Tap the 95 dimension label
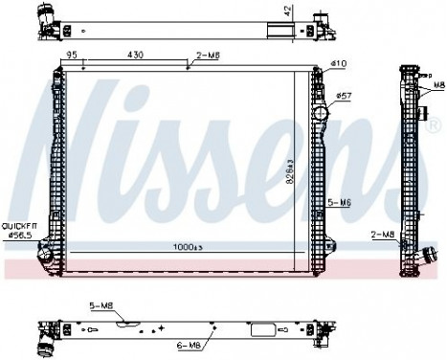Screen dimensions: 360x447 [x=73, y=56]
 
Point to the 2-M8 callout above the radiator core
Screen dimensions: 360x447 [x=208, y=56]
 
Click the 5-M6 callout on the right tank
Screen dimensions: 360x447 [x=339, y=202]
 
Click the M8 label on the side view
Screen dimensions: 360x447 [x=437, y=84]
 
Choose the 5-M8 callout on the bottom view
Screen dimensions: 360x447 [x=99, y=305]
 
